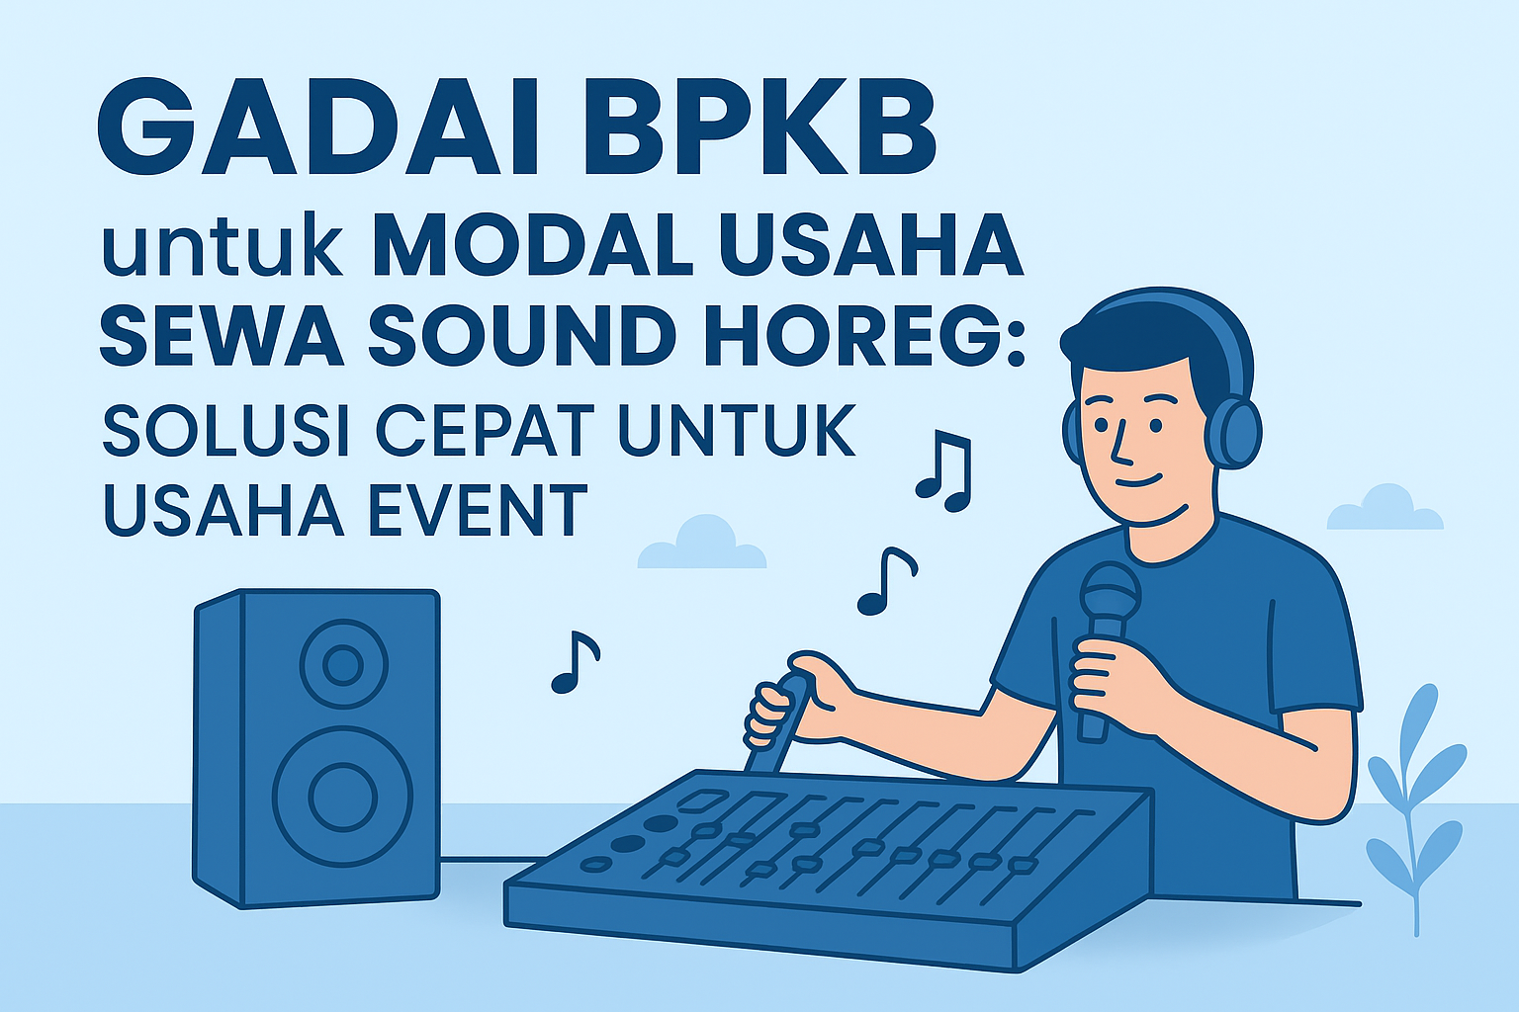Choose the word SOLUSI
coord(226,430)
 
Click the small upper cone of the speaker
coord(343,664)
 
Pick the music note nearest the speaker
coord(575,661)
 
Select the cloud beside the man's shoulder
coord(1385,508)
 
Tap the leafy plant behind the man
coord(1415,810)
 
